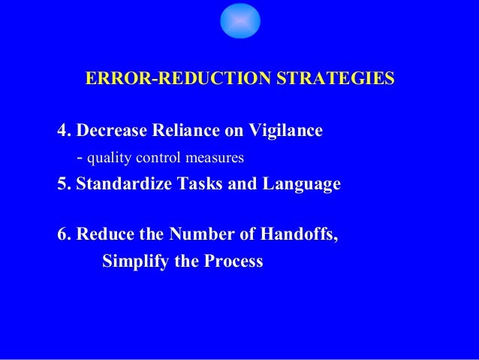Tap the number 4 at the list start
click(x=62, y=131)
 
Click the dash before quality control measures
click(x=80, y=159)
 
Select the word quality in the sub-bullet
click(x=106, y=159)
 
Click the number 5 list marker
click(x=62, y=183)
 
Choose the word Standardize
click(x=123, y=183)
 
